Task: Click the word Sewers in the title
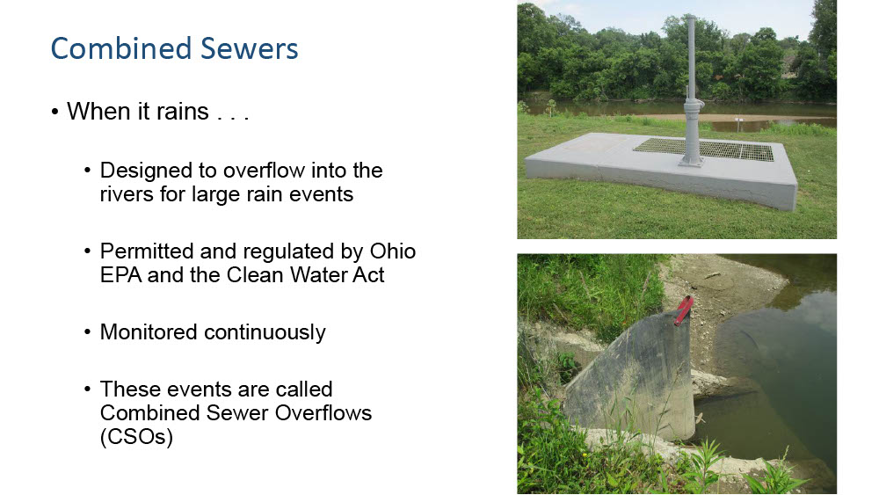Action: click(x=250, y=48)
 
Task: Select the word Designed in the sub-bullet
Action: click(x=138, y=171)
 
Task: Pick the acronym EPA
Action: click(x=120, y=274)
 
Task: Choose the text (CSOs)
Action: click(x=136, y=437)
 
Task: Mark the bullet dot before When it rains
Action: click(x=54, y=112)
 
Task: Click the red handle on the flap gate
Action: click(x=683, y=310)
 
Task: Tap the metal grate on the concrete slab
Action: click(x=703, y=149)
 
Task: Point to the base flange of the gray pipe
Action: click(x=692, y=162)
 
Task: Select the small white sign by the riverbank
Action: click(x=738, y=120)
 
